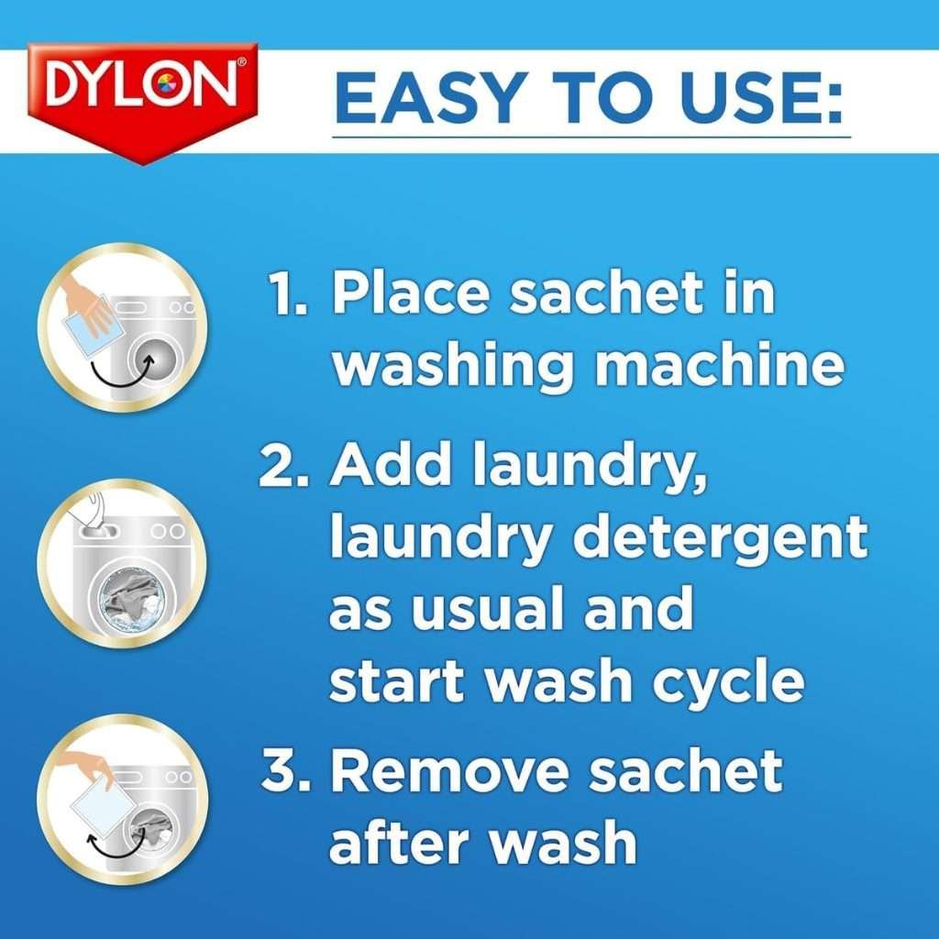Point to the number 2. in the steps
coord(284,469)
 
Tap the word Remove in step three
coord(450,773)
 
